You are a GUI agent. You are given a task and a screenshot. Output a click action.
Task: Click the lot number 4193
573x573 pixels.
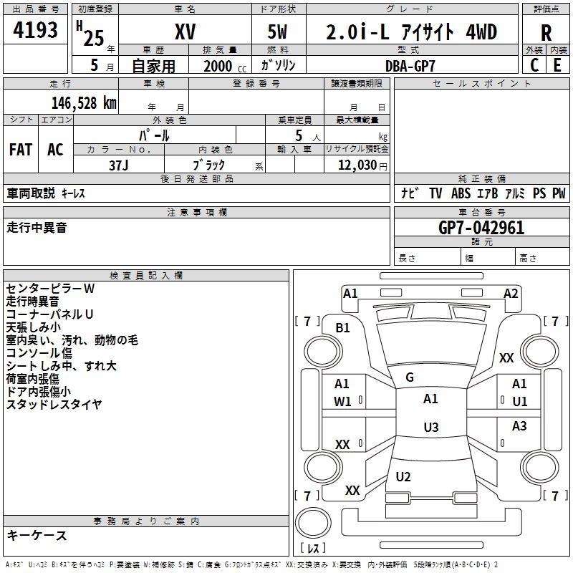[x=35, y=32]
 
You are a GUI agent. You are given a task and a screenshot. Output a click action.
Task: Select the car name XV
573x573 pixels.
[x=186, y=32]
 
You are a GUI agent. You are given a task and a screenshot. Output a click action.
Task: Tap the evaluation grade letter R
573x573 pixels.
[x=546, y=32]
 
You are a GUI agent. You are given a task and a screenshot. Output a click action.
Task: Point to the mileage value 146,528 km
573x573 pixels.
[x=84, y=102]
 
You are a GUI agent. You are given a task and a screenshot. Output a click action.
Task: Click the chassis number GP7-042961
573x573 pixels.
[x=481, y=228]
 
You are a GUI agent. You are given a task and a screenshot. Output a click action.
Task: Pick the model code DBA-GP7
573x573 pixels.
[x=410, y=65]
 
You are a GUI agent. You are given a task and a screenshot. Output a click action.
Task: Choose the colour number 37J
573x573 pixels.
[x=119, y=164]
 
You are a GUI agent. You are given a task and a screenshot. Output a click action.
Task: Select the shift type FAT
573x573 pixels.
[x=20, y=149]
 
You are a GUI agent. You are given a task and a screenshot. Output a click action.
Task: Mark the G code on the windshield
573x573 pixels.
[x=410, y=377]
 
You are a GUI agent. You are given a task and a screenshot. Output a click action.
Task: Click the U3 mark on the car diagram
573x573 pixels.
[x=430, y=428]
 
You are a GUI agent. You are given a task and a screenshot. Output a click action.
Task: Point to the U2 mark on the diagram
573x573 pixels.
[x=403, y=477]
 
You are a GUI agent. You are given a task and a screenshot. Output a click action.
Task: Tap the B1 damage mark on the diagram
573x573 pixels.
[x=343, y=327]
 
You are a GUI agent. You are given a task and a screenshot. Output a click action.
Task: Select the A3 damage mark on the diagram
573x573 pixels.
[x=519, y=426]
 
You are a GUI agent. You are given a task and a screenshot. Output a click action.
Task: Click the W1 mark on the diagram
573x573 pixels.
[x=342, y=402]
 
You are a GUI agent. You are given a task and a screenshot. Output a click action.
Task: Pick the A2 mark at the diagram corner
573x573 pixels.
[x=511, y=293]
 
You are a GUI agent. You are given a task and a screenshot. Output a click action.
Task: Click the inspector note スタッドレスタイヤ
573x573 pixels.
[x=54, y=405]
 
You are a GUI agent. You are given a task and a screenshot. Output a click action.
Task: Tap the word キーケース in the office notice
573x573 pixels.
[x=37, y=535]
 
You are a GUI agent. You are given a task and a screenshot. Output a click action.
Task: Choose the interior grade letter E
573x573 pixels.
[x=557, y=65]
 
